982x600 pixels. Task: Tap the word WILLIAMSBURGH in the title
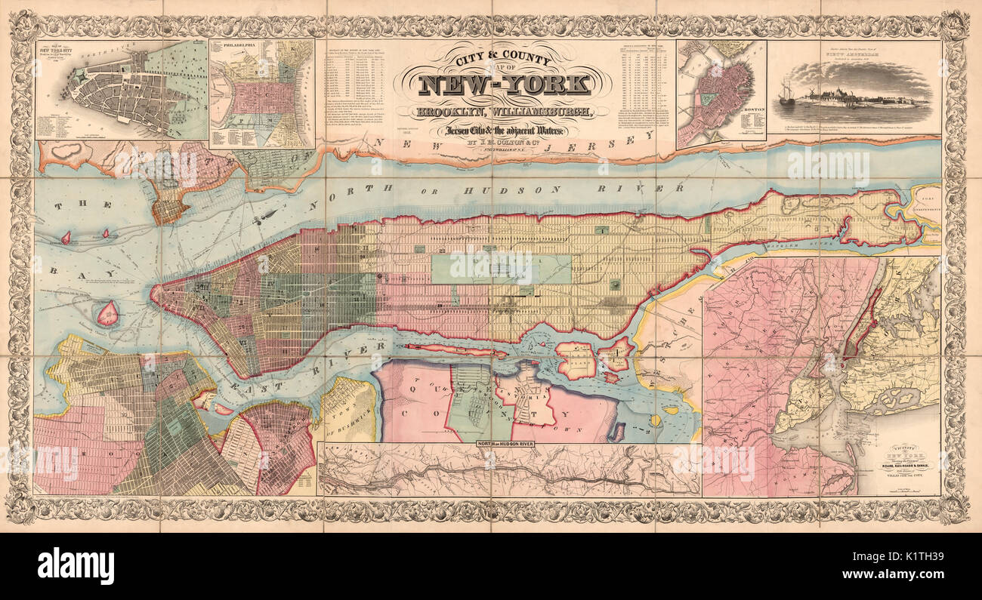(x=552, y=113)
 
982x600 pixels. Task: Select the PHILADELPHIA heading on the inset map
(x=239, y=45)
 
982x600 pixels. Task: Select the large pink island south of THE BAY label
(x=108, y=313)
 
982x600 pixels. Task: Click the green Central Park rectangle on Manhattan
(x=501, y=269)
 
